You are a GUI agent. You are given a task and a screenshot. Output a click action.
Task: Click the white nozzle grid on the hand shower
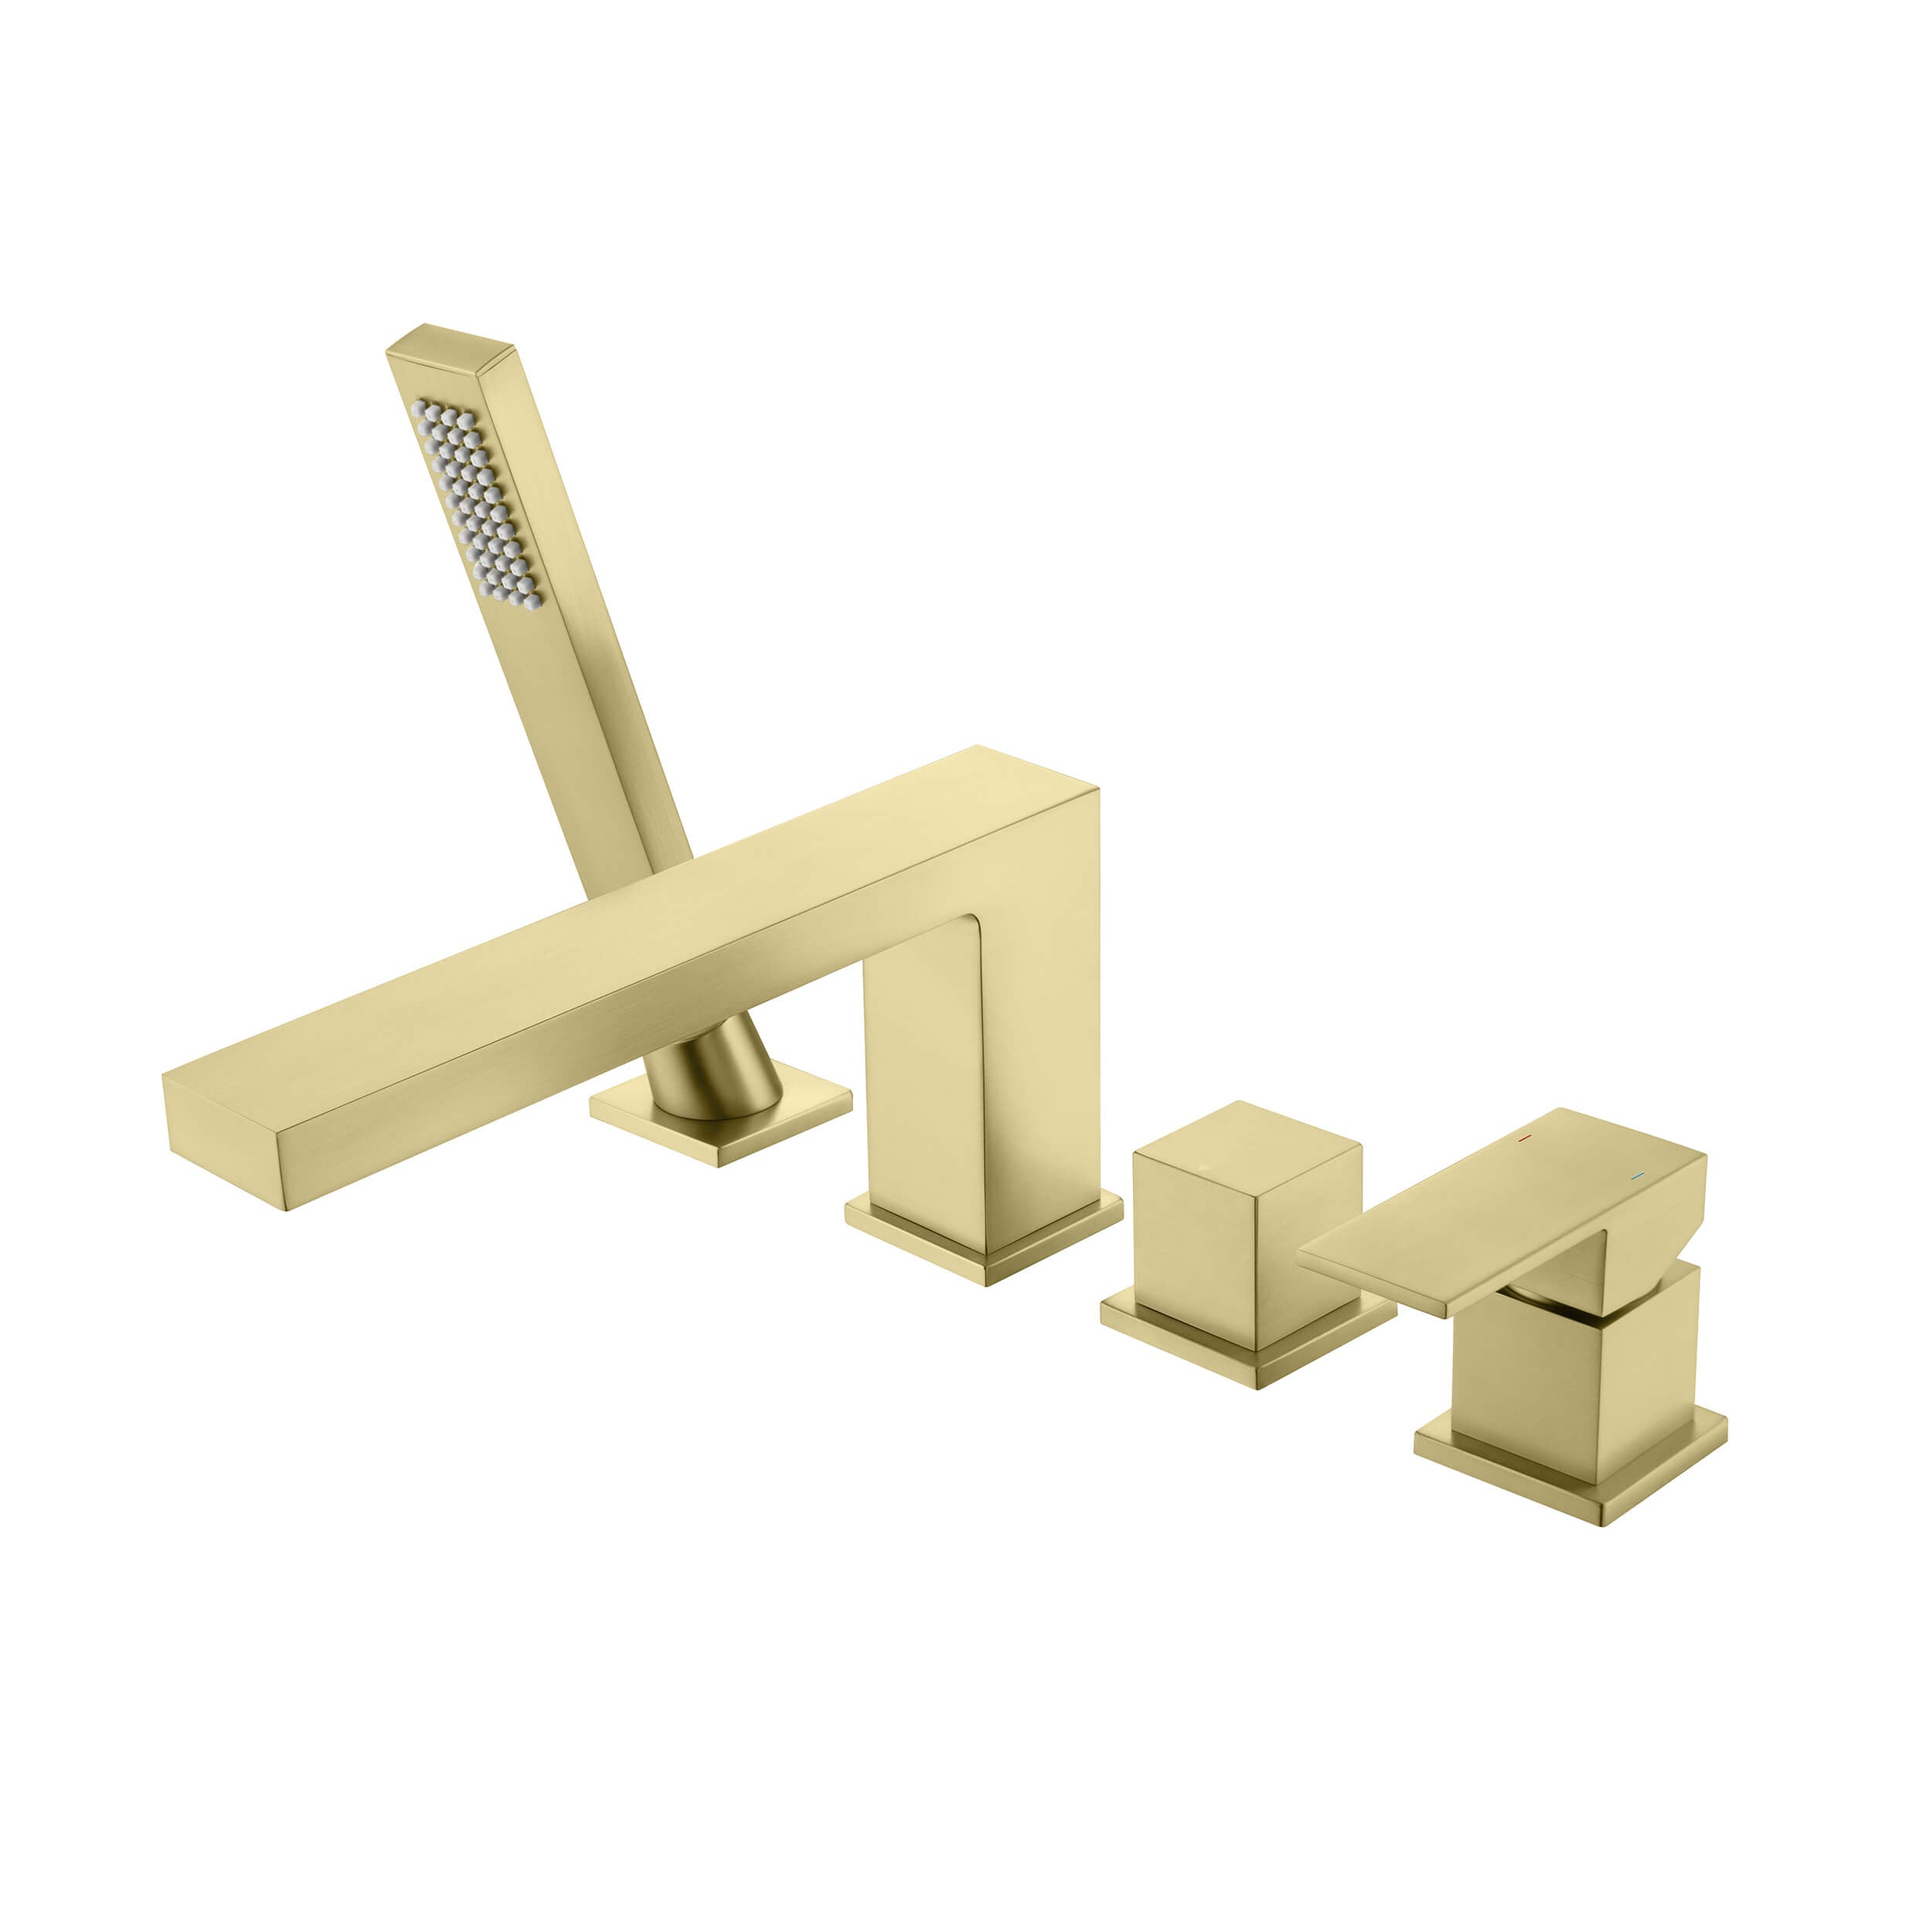(475, 504)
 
